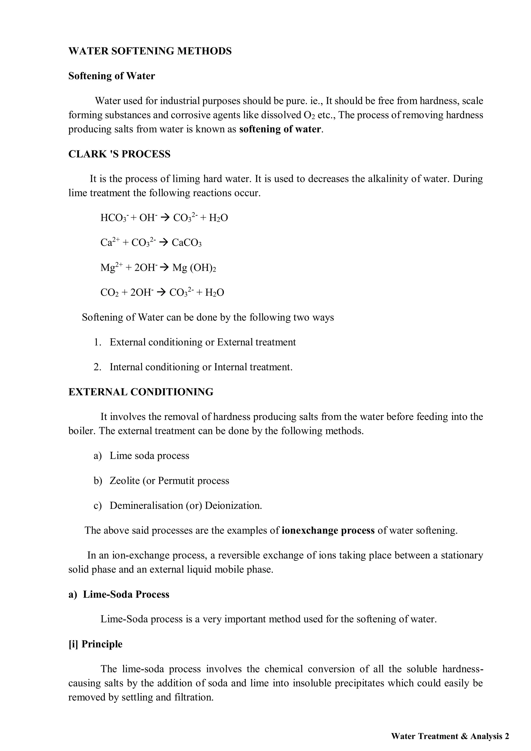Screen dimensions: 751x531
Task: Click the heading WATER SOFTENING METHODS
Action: [150, 51]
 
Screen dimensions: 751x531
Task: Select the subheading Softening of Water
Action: [111, 76]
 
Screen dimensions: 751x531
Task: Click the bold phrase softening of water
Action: [280, 129]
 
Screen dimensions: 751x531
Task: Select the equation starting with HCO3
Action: [164, 218]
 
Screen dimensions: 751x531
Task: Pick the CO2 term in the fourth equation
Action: [109, 292]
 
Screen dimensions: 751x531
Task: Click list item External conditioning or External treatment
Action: [202, 342]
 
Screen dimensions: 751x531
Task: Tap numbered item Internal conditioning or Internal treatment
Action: [201, 367]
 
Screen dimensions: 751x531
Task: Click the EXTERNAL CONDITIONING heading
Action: [141, 392]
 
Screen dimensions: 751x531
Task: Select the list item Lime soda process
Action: [149, 456]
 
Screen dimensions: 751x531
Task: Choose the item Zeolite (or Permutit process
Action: [169, 481]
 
